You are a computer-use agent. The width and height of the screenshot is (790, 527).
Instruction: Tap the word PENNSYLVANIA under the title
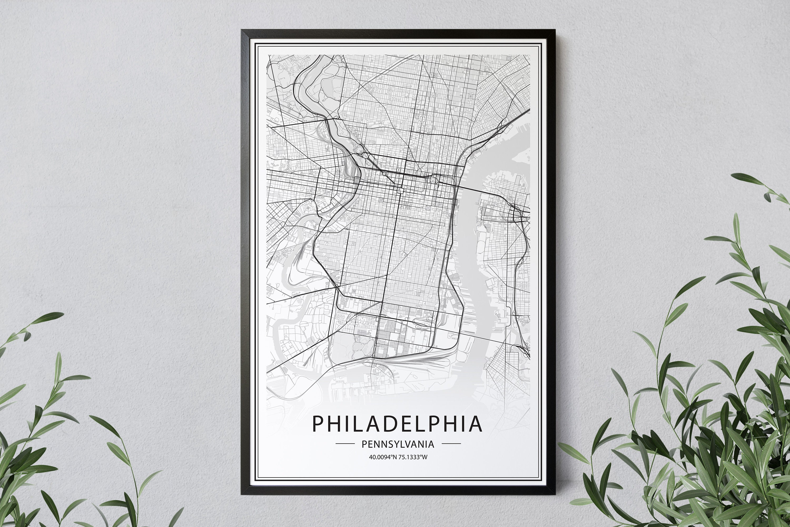click(x=398, y=444)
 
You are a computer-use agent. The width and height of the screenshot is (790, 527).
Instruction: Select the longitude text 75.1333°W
click(x=413, y=457)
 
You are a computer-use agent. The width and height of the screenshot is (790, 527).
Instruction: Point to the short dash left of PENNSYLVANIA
click(x=345, y=444)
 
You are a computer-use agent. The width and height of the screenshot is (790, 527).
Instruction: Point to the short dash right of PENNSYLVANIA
click(x=451, y=444)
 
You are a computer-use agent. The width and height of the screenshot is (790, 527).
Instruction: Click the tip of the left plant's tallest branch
click(x=62, y=314)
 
